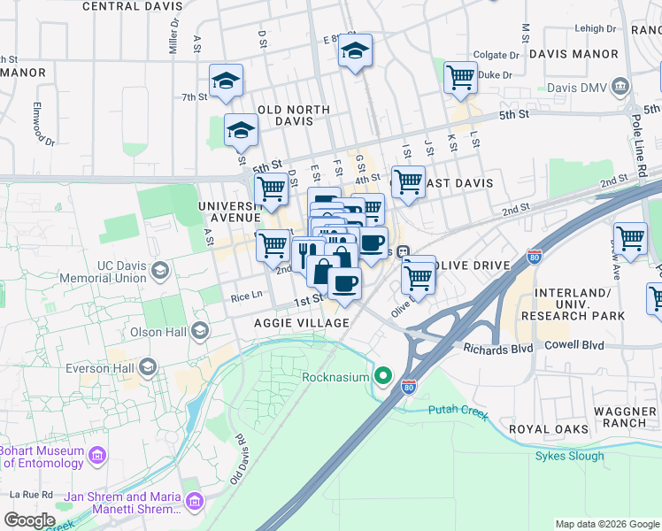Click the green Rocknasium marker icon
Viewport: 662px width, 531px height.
click(x=383, y=376)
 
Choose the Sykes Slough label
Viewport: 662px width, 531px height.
click(x=569, y=457)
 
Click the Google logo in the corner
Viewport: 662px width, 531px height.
click(x=29, y=519)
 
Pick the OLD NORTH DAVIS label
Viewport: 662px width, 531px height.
click(x=293, y=111)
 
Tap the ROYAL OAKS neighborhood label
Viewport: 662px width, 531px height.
click(x=549, y=429)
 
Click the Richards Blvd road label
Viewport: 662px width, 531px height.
click(x=498, y=348)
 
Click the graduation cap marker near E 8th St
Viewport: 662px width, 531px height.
click(x=355, y=51)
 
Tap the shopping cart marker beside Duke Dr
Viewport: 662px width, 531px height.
click(x=460, y=78)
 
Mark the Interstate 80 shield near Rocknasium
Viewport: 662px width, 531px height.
click(x=408, y=386)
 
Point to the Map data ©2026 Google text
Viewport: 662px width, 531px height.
click(x=606, y=524)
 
